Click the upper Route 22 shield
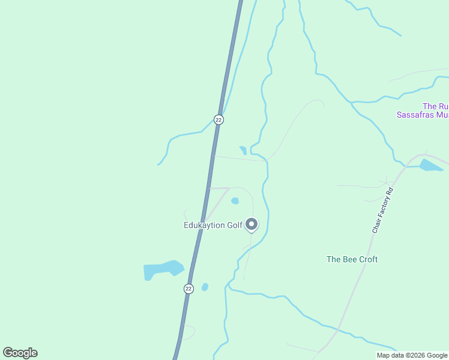pyautogui.click(x=218, y=119)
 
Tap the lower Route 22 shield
pyautogui.click(x=188, y=289)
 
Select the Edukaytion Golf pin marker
pyautogui.click(x=252, y=224)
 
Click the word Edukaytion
pyautogui.click(x=205, y=226)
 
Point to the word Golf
pyautogui.click(x=235, y=226)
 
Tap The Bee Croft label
pyautogui.click(x=352, y=259)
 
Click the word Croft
pyautogui.click(x=367, y=259)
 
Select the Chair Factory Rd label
pyautogui.click(x=382, y=211)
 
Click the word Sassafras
pyautogui.click(x=415, y=114)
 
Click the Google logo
pyautogui.click(x=20, y=353)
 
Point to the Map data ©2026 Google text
pyautogui.click(x=412, y=355)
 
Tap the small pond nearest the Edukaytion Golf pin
pyautogui.click(x=235, y=201)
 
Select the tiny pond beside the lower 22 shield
pyautogui.click(x=205, y=287)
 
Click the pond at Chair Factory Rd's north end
pyautogui.click(x=431, y=165)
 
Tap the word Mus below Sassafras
pyautogui.click(x=442, y=114)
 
